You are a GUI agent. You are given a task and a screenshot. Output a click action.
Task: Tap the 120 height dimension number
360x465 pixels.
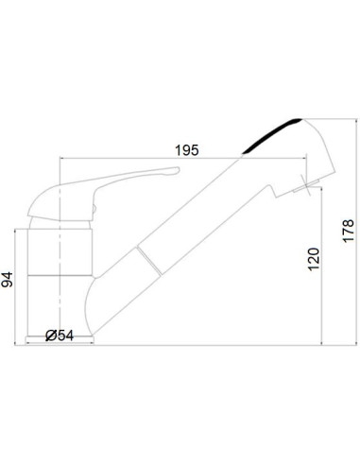(x=315, y=257)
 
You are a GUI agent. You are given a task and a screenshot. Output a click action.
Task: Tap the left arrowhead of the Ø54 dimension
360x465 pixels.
(x=27, y=342)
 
